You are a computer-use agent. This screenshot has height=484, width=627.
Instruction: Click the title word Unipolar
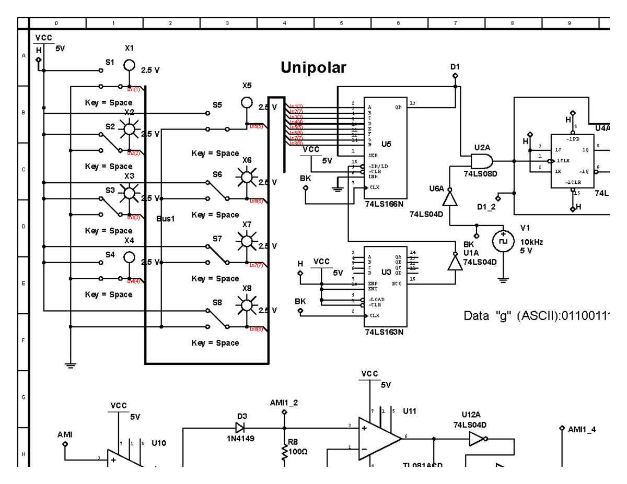[x=313, y=68]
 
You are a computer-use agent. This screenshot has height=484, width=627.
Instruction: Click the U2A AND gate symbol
[x=481, y=161]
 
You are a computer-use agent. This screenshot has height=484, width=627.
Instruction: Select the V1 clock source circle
[x=503, y=241]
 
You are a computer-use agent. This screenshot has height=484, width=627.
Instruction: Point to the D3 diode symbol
[x=240, y=428]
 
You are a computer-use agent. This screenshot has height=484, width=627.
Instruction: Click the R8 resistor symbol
[x=285, y=453]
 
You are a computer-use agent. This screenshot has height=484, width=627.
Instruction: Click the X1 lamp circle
[x=129, y=66]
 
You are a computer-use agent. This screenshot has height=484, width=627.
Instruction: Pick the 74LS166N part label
[x=385, y=204]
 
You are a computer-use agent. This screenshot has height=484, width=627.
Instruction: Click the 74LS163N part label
[x=384, y=331]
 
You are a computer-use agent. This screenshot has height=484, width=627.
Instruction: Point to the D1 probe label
[x=455, y=67]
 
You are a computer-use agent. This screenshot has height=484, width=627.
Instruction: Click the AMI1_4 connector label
[x=582, y=429]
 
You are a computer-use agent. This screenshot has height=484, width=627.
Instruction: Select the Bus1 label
[x=165, y=218]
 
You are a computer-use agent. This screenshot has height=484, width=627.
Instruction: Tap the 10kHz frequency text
[x=531, y=242]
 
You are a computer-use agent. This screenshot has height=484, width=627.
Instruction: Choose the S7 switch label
[x=217, y=238]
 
